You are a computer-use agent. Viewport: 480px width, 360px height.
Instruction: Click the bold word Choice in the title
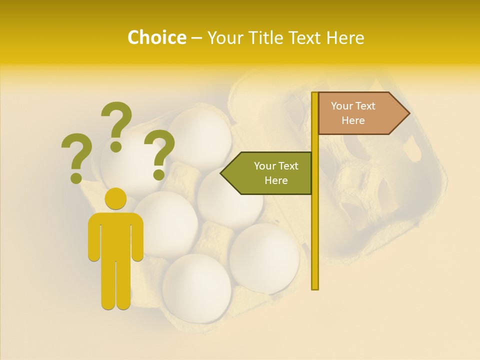[x=156, y=37]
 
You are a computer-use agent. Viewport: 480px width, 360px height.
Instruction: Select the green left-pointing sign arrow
[x=270, y=173]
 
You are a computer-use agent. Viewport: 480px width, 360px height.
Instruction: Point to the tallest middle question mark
[x=116, y=125]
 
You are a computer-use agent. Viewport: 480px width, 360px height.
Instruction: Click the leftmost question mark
[x=76, y=157]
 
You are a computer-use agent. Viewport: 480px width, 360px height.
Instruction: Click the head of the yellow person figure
[x=115, y=198]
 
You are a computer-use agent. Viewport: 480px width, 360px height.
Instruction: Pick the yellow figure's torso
[x=115, y=235]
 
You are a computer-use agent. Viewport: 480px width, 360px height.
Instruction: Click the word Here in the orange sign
[x=353, y=120]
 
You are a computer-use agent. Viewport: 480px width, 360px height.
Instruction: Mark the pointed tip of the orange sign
[x=408, y=113]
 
